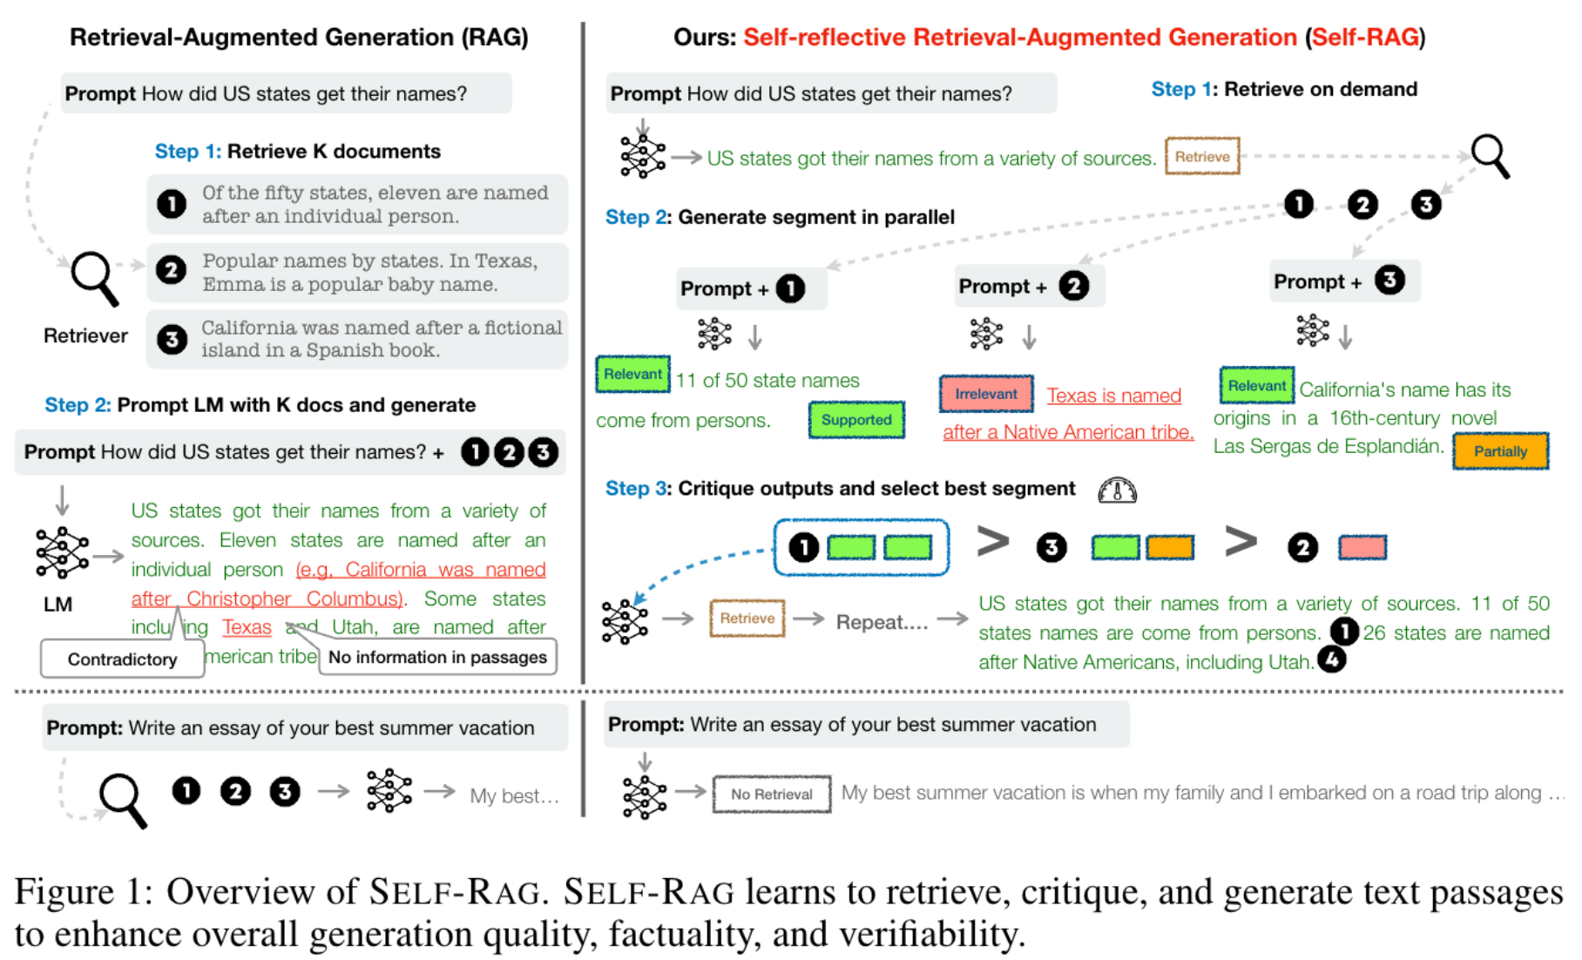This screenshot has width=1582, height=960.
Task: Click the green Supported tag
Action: click(x=856, y=420)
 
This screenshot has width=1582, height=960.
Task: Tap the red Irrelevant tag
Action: click(x=986, y=394)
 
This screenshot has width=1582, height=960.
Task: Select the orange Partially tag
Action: click(x=1500, y=451)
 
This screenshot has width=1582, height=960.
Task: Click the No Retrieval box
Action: click(x=771, y=794)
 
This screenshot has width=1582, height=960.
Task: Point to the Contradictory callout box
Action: click(x=122, y=659)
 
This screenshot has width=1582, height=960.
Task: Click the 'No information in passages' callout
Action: click(x=437, y=658)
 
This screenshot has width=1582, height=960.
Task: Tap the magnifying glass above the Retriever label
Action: click(x=94, y=278)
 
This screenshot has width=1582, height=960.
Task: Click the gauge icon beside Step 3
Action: click(x=1118, y=491)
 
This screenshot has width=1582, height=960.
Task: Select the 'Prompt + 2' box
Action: click(x=1029, y=287)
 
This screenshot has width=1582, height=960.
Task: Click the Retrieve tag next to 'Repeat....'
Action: click(x=747, y=619)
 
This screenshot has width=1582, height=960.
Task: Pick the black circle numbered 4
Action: click(x=1332, y=660)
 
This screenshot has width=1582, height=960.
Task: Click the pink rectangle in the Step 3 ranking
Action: click(x=1362, y=547)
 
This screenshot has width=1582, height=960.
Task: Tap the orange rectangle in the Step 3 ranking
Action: click(x=1169, y=547)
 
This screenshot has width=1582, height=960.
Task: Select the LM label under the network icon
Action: click(x=58, y=605)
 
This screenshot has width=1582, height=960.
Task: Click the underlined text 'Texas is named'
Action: click(x=1113, y=395)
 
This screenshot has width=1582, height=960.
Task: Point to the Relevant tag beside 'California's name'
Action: click(x=1256, y=386)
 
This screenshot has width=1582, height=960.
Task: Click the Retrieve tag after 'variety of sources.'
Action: click(x=1202, y=157)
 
